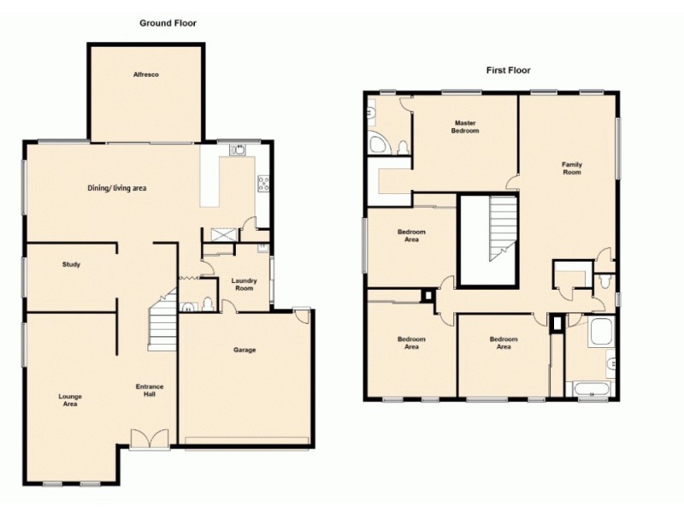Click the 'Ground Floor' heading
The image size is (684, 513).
[x=168, y=23]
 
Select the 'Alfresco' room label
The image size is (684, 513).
[x=145, y=74]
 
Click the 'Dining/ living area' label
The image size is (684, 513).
[x=125, y=187]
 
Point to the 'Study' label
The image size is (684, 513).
[x=71, y=265]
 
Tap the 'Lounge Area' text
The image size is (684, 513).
[x=70, y=399]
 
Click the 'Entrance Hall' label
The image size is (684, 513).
[x=150, y=390]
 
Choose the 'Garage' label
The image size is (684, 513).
[x=245, y=350]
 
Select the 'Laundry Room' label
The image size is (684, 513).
[x=245, y=284]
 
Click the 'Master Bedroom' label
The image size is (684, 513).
[x=465, y=127]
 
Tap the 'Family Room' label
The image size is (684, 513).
[x=571, y=168]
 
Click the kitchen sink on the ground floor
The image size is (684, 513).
[x=239, y=150]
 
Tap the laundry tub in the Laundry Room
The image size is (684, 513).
[x=262, y=251]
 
